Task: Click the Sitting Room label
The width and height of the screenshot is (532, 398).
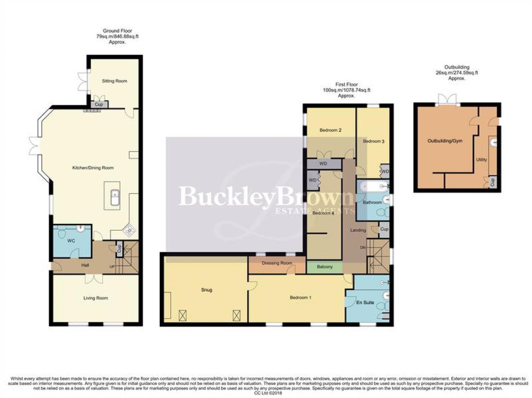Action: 114,81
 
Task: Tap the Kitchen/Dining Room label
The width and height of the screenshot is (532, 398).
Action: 93,168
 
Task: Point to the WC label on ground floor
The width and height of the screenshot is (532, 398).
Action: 71,241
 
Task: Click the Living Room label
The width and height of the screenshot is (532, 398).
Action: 95,298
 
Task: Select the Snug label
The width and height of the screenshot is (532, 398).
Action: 207,290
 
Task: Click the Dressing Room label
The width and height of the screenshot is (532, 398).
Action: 276,263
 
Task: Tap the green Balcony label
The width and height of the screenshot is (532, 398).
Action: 324,267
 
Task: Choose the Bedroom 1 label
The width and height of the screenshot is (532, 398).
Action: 300,297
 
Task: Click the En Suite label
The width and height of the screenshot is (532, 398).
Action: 365,303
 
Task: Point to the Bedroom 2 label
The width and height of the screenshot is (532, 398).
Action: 330,130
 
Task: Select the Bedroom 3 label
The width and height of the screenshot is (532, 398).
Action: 373,141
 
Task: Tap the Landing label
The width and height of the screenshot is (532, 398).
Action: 358,230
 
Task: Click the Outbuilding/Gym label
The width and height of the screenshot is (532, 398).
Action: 445,141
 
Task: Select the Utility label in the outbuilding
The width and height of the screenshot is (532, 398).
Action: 481,160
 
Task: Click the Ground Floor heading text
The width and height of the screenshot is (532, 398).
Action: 117,31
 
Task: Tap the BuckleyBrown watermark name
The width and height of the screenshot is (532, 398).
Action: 265,196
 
